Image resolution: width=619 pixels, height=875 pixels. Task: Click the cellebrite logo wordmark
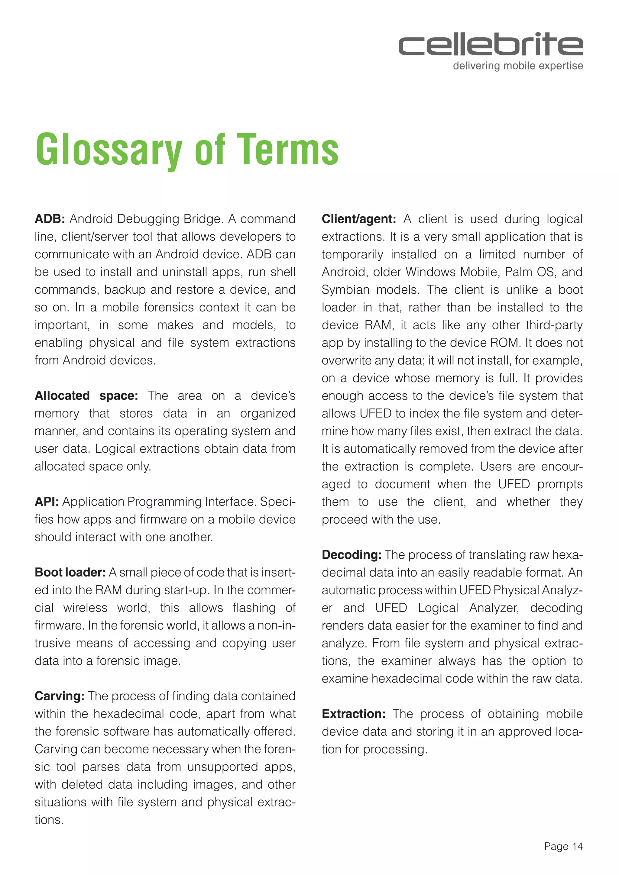pyautogui.click(x=491, y=45)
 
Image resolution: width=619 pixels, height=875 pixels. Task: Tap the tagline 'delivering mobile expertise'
pyautogui.click(x=518, y=66)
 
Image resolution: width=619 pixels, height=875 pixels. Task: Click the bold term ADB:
pyautogui.click(x=50, y=219)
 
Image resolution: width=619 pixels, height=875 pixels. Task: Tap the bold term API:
pyautogui.click(x=47, y=502)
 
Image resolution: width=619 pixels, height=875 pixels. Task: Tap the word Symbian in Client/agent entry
pyautogui.click(x=345, y=290)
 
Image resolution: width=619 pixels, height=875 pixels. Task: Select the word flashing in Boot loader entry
pyautogui.click(x=254, y=608)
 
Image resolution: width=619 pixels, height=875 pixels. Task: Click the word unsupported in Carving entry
pyautogui.click(x=219, y=767)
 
